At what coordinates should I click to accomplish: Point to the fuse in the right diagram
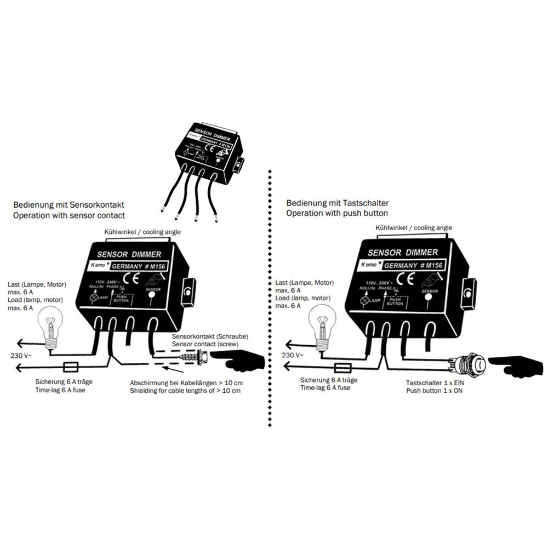342,367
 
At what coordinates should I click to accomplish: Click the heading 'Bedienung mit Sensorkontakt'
68,204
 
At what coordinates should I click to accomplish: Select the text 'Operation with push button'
337,213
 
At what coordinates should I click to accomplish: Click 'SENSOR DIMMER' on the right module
403,253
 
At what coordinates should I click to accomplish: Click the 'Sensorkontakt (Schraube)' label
208,336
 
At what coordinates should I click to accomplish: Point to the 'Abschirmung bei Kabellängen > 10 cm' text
185,382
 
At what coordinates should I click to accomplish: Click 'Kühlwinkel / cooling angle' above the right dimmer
414,227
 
